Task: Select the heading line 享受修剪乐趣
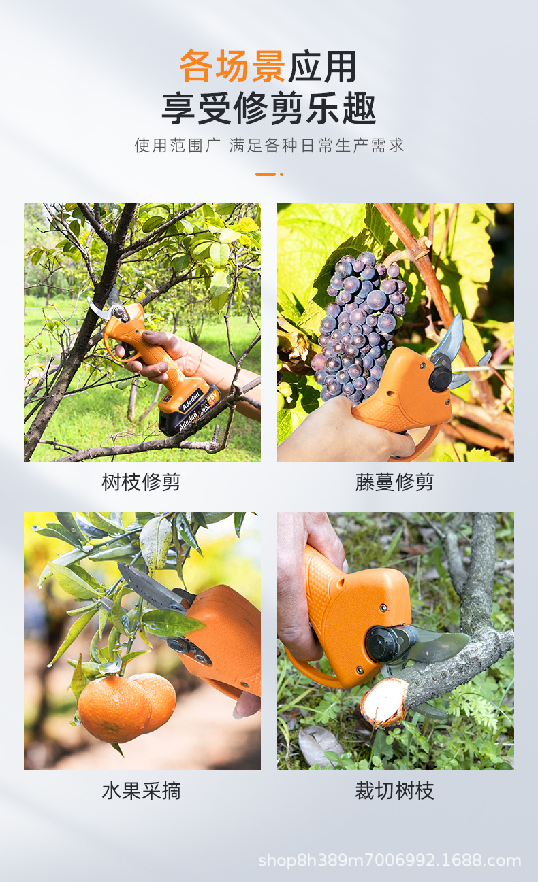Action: pyautogui.click(x=269, y=108)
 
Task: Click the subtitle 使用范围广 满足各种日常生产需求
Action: pyautogui.click(x=269, y=145)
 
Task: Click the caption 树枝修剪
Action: pyautogui.click(x=142, y=482)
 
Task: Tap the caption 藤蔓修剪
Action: pyautogui.click(x=394, y=482)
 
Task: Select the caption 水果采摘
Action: pyautogui.click(x=142, y=791)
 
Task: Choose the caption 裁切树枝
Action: pyautogui.click(x=394, y=791)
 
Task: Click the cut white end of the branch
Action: pyautogui.click(x=384, y=702)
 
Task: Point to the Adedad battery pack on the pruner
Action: pyautogui.click(x=189, y=408)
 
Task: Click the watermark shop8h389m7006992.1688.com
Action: pyautogui.click(x=390, y=860)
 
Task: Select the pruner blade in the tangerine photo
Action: pyautogui.click(x=150, y=587)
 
